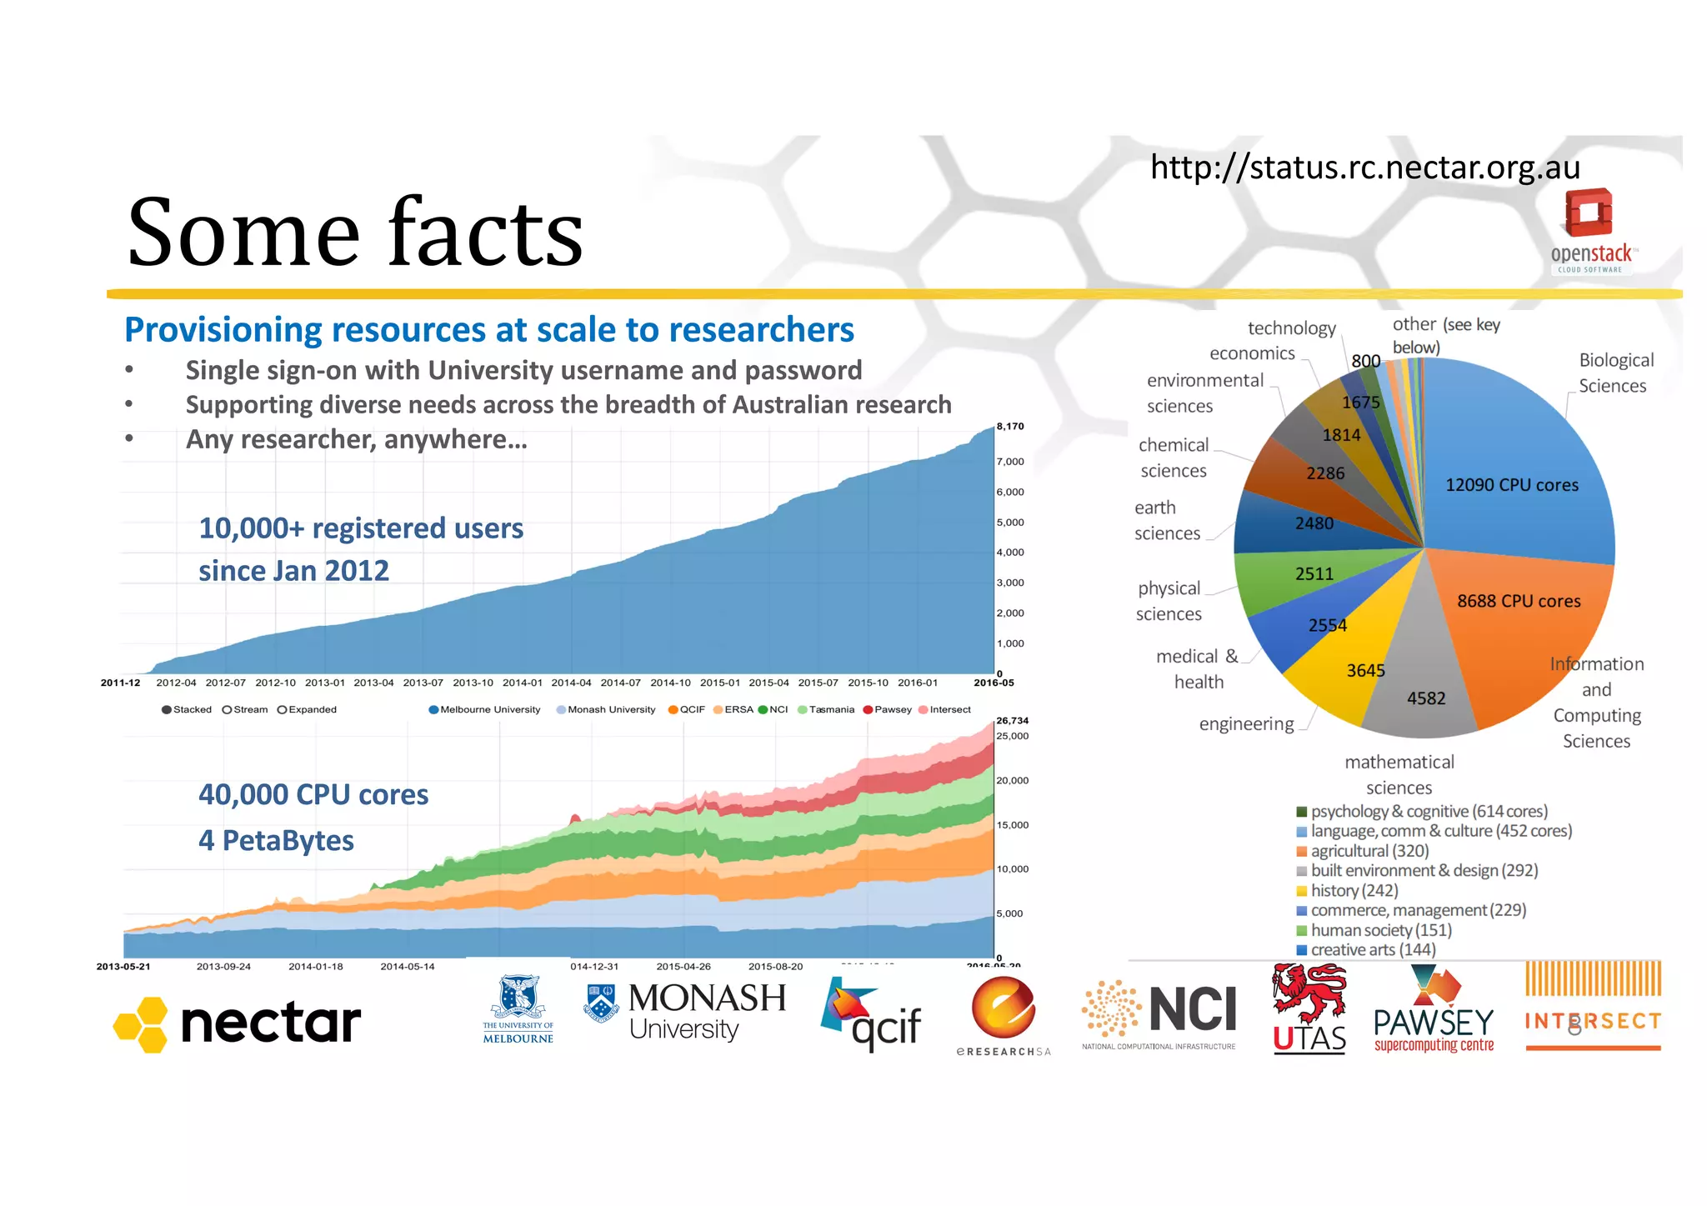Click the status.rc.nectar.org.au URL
1364,168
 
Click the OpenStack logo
1589,230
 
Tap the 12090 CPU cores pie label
1511,485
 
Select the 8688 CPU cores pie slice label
1518,601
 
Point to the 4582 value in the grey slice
1426,698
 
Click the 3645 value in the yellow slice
1365,670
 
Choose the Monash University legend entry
606,710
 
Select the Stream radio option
245,710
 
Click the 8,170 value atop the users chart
1010,427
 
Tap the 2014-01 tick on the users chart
522,683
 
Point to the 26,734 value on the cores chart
1012,720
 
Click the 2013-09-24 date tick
223,967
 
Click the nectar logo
238,1023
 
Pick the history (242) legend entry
1347,890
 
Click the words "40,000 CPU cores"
313,795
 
